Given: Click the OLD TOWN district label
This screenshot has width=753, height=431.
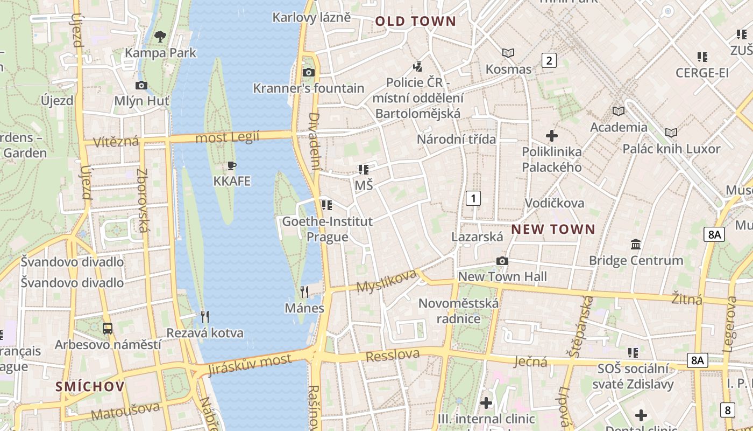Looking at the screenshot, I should click(415, 22).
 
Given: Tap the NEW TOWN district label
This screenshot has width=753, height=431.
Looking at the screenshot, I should click(553, 230).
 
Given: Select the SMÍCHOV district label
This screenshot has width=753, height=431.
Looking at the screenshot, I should click(90, 386).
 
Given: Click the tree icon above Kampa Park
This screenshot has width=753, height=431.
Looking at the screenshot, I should click(160, 37).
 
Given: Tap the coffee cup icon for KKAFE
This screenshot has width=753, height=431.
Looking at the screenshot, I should click(232, 165).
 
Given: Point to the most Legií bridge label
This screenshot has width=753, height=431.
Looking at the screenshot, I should click(227, 137).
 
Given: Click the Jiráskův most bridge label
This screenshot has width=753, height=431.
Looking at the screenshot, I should click(250, 365).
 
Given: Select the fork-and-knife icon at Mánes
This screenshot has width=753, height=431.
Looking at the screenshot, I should click(304, 292).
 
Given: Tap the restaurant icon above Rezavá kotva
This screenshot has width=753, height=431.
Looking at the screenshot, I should click(204, 317).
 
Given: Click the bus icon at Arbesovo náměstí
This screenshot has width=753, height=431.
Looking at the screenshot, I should click(108, 328).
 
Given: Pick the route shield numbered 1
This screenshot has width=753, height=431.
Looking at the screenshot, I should click(473, 198).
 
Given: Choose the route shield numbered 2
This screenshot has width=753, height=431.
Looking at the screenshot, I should click(549, 60).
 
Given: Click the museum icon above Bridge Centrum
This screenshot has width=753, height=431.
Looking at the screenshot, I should click(636, 244).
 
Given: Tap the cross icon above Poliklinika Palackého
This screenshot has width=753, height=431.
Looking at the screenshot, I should click(552, 136).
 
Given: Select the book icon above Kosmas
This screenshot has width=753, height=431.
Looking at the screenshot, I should click(508, 53).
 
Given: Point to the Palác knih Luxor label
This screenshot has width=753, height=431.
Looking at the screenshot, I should click(671, 149).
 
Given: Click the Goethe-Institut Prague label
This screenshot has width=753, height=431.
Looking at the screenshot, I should click(327, 229).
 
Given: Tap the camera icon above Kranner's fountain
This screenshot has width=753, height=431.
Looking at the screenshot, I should click(308, 72).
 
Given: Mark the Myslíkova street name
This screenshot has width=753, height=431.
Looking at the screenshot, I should click(387, 281).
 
